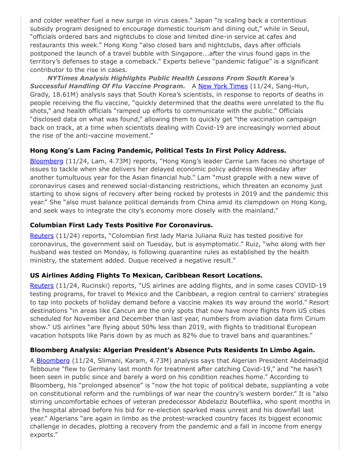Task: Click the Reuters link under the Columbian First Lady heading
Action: click(x=41, y=236)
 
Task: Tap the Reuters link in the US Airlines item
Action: click(x=41, y=286)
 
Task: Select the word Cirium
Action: click(x=314, y=319)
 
